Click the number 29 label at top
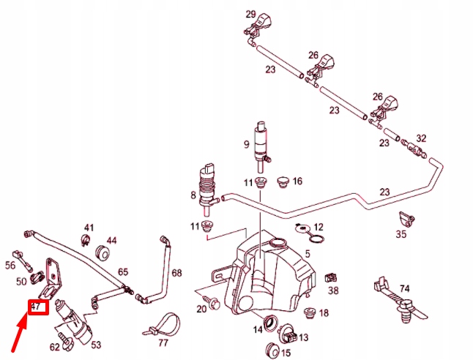tap(250, 15)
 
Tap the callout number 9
tap(247, 145)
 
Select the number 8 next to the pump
tap(193, 196)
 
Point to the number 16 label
tap(297, 181)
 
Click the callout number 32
tap(420, 138)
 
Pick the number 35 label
tap(401, 234)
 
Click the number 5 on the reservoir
tap(308, 254)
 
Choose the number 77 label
tap(163, 342)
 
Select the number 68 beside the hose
tap(176, 273)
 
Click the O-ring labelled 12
tap(315, 239)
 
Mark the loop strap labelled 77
tap(167, 321)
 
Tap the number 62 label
tap(55, 347)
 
